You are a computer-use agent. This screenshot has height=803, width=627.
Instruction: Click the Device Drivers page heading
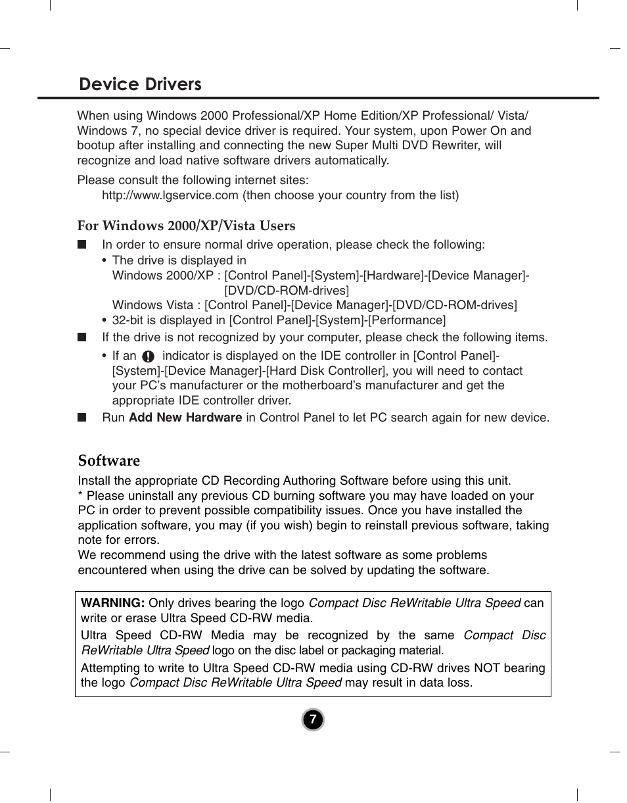[x=140, y=84]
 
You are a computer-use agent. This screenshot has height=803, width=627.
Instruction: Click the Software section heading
[x=109, y=460]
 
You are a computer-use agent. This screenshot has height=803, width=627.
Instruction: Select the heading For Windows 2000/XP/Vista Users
[x=187, y=226]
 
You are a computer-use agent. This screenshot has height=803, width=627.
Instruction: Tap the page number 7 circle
[x=313, y=720]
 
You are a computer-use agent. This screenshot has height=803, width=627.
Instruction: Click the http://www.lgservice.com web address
[x=170, y=195]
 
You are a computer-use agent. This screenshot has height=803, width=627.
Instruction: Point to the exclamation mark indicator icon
[x=149, y=356]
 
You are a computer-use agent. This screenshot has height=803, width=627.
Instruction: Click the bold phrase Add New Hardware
[x=185, y=418]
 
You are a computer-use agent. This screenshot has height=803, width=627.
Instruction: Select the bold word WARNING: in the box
[x=112, y=603]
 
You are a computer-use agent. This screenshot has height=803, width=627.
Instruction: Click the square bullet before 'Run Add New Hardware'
[x=81, y=418]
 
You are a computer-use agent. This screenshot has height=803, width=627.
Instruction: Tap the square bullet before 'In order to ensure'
[x=81, y=245]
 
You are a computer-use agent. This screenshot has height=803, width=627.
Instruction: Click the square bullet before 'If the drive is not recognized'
[x=81, y=337]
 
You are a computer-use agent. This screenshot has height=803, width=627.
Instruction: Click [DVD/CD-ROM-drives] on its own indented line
[x=287, y=290]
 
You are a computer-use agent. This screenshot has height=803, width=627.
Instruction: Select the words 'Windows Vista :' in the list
[x=156, y=305]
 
